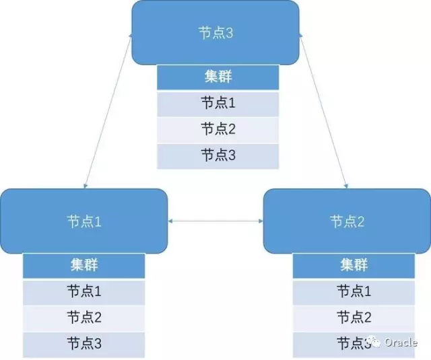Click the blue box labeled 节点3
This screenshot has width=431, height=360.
tap(215, 32)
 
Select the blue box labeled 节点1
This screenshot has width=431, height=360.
tap(84, 221)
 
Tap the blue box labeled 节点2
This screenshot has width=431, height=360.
tap(347, 221)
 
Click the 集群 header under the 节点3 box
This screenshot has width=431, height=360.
tap(218, 77)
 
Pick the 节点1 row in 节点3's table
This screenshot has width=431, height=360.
tap(218, 104)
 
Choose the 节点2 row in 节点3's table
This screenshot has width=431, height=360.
tap(218, 129)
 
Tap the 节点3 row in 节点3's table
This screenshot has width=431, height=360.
tap(218, 155)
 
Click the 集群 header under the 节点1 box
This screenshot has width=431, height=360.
tap(84, 265)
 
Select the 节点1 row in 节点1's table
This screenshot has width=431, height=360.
tap(84, 291)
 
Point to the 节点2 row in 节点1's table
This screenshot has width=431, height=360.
tap(84, 317)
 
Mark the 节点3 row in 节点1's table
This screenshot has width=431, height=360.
tap(84, 344)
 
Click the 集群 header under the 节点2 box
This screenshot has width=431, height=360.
tap(354, 265)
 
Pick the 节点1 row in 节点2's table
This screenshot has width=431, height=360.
tap(354, 291)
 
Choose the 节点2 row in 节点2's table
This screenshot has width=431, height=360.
tap(354, 317)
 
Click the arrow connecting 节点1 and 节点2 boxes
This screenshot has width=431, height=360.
tap(215, 221)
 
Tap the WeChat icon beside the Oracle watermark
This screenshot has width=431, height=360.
tap(374, 343)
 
